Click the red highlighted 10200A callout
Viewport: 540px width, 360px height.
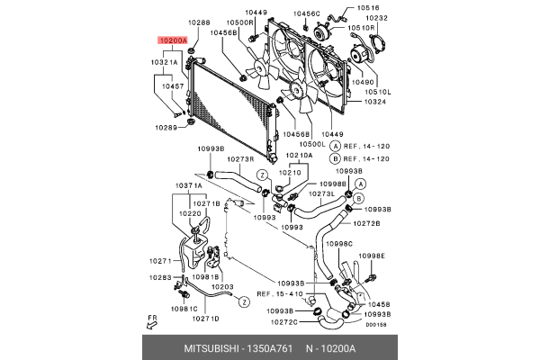click(x=172, y=41)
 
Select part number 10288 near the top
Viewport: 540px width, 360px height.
click(x=199, y=22)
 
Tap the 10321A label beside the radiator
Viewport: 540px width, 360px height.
click(x=164, y=63)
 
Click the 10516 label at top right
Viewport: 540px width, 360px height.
click(x=367, y=8)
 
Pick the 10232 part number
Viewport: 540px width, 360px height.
click(x=378, y=18)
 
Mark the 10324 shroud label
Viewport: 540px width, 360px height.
click(x=375, y=101)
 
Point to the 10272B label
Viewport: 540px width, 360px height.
click(x=365, y=222)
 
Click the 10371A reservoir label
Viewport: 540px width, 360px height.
click(x=189, y=185)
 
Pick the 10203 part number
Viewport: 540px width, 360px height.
click(x=222, y=287)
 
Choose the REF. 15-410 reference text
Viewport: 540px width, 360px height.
click(x=279, y=293)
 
